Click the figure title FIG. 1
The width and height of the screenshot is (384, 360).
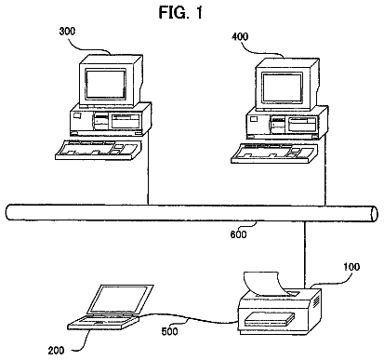point(180,12)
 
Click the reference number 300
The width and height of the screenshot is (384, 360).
point(67,32)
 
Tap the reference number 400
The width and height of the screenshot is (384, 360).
point(240,37)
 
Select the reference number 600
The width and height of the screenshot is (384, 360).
point(238,234)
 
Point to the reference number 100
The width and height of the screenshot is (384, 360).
point(351,267)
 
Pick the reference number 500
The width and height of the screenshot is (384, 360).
point(169,331)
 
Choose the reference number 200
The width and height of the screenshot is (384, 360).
point(56,351)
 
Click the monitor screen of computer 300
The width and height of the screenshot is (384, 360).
point(106,84)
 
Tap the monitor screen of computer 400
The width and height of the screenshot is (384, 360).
point(282,87)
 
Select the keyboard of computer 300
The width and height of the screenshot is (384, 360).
point(99,150)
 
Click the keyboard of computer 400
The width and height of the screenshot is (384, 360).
point(274,153)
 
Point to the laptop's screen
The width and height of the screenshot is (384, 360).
point(120,300)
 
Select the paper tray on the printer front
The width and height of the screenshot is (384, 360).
point(269,319)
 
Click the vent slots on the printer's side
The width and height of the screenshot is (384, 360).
point(316,301)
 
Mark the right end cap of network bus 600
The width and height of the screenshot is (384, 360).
point(375,214)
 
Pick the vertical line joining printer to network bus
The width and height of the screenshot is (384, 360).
point(305,254)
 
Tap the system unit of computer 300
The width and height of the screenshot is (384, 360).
point(111,120)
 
